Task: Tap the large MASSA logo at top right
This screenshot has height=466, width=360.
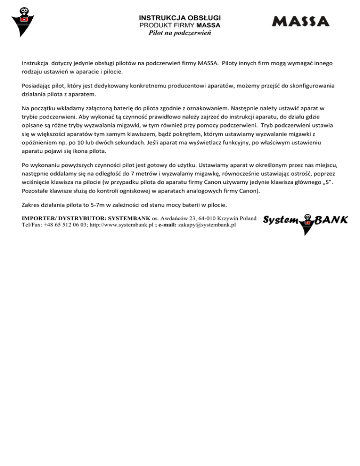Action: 300,22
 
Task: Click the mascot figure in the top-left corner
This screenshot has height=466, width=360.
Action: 22,22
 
